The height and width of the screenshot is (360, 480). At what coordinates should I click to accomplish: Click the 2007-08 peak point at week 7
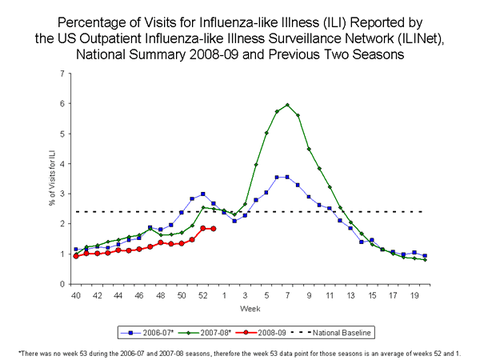coord(287,105)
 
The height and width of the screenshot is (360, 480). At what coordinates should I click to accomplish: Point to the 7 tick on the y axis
coord(62,74)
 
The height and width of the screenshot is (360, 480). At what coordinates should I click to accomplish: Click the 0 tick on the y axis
coord(62,284)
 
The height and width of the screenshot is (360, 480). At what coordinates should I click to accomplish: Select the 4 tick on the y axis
coord(62,164)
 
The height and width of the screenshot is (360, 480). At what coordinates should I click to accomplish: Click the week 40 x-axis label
coord(76,294)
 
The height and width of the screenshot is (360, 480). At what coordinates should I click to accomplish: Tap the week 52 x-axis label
coord(203,294)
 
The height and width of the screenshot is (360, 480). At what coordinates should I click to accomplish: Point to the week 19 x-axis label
coord(414,294)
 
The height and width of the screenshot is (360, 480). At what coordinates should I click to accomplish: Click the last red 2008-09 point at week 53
coord(214,229)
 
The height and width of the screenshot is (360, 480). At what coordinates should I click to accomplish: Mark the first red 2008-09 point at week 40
coord(76,256)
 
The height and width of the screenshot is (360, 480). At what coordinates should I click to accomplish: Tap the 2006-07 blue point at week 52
coord(203,194)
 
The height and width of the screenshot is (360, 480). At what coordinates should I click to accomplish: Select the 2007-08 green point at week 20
coord(425,260)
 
